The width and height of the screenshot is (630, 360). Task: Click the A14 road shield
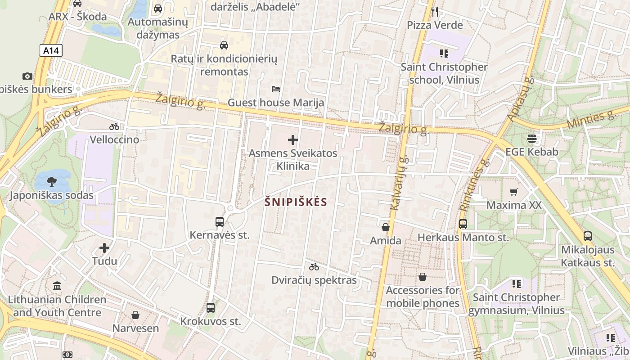pos(51,50)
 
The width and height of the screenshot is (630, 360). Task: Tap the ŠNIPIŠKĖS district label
pos(296,202)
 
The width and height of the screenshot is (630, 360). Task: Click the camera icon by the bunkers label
pos(27,76)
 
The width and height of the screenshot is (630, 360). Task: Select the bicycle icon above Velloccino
pos(114,126)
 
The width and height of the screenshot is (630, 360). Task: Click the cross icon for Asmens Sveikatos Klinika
pos(293,140)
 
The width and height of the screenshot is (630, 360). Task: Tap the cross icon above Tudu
pos(104,248)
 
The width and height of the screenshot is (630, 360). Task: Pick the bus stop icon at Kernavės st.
pos(220,222)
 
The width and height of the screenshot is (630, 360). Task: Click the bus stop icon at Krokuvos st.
pos(211,308)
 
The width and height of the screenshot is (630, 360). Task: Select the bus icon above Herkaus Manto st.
pos(463,224)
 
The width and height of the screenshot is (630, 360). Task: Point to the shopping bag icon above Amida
pos(386,227)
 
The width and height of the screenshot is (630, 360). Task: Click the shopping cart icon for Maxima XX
pos(514,192)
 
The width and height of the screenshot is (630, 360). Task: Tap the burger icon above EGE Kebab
pos(532,139)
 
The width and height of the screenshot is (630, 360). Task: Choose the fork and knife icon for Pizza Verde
pos(435,12)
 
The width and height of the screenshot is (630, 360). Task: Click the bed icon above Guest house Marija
pos(276,89)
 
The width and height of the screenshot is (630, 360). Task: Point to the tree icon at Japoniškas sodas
pos(52,182)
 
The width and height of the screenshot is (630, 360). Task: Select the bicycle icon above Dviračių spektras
pos(314,267)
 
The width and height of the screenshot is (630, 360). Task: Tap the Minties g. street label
pos(591,120)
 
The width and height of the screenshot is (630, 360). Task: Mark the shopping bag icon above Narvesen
pos(135,315)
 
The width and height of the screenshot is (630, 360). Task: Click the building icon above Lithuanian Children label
pos(57,286)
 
